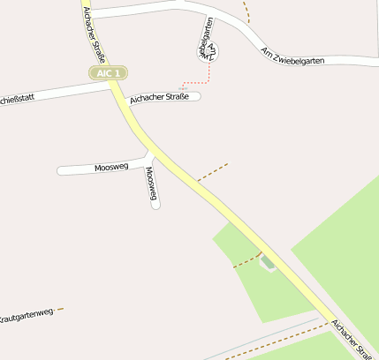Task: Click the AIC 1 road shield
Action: (x=108, y=72)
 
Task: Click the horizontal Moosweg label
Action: (x=111, y=167)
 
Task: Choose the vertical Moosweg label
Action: (x=151, y=184)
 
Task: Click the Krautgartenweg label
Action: (x=27, y=314)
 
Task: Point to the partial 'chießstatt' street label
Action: (x=18, y=98)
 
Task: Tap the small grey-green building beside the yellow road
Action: (x=268, y=262)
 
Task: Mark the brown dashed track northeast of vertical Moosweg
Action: (x=212, y=171)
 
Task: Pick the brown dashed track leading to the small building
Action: (x=246, y=260)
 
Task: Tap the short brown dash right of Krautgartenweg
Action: (x=60, y=310)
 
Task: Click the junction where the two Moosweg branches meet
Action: (x=148, y=161)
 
